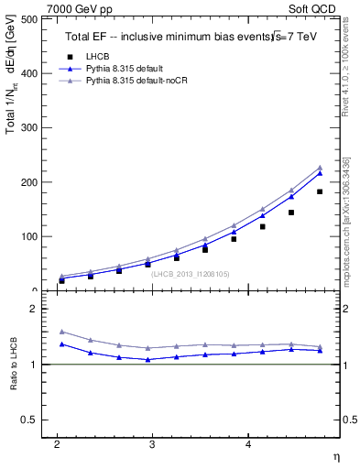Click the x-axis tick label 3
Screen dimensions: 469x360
coord(152,442)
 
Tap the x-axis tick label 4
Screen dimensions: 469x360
coord(247,442)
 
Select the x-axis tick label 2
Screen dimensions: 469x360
coord(57,442)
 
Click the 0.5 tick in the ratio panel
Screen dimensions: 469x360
coord(28,420)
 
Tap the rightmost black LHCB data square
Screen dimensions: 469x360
coord(320,191)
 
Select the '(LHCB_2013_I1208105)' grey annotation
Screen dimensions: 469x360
coord(191,274)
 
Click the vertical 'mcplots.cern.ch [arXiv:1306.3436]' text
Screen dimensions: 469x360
coord(345,210)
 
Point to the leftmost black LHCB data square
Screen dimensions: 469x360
coord(61,280)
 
